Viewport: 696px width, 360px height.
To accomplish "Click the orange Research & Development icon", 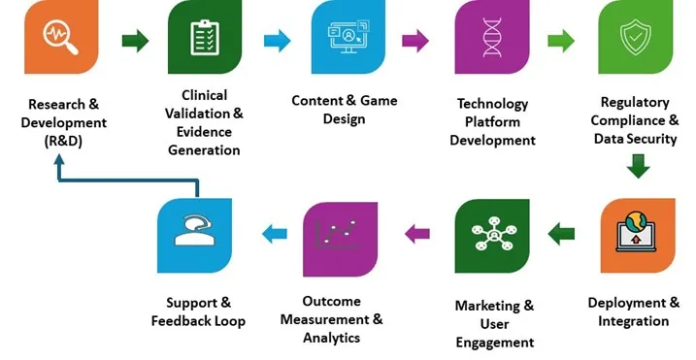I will point(60,40).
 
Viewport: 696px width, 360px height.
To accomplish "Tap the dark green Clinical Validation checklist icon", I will point(204,40).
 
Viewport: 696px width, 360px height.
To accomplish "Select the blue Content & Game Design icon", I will point(348,40).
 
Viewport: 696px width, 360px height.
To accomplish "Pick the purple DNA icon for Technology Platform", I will point(491,40).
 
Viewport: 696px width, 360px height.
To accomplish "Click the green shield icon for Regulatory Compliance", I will point(635,40).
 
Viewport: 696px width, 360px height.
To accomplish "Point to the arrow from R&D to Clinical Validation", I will point(134,41).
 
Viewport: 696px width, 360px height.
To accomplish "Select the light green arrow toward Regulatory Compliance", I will point(561,41).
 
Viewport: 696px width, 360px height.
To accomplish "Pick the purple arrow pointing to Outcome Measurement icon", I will point(416,233).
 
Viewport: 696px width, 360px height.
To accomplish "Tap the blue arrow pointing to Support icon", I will point(275,233).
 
